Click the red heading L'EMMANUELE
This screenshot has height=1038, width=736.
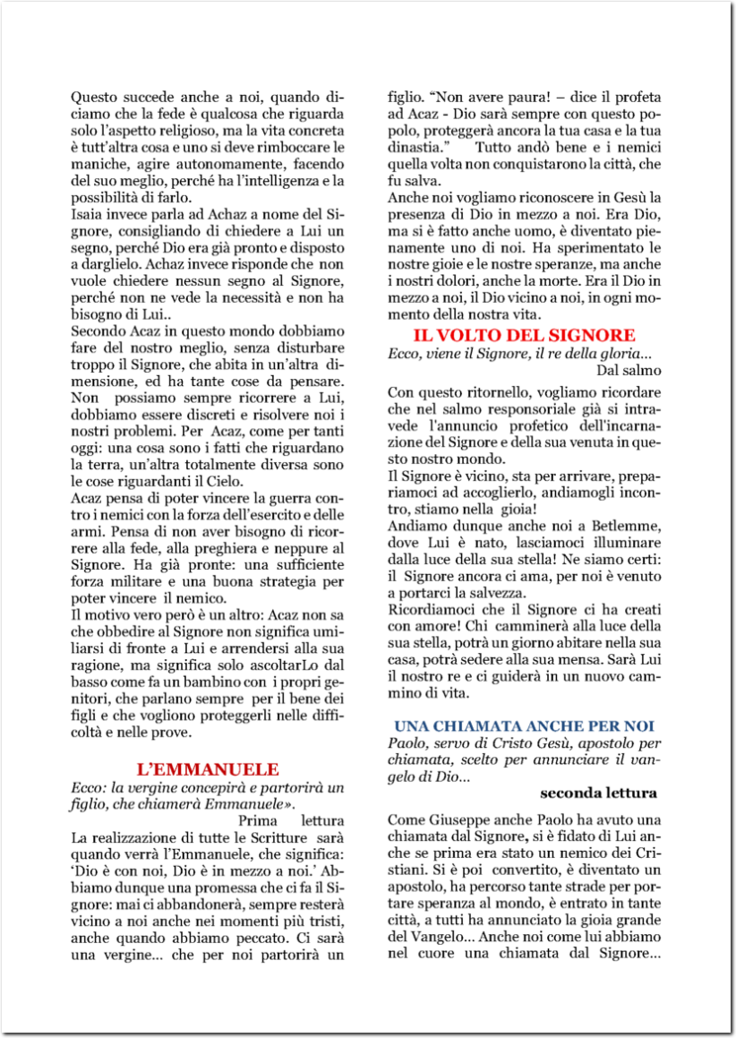click(x=208, y=769)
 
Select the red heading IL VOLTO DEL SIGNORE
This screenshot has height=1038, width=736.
click(x=524, y=335)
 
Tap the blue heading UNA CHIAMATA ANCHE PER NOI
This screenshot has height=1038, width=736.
click(x=525, y=725)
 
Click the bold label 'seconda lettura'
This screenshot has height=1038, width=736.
click(x=599, y=793)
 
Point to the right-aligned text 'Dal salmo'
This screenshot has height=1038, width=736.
click(x=628, y=369)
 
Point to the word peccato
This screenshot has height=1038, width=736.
click(x=266, y=938)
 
